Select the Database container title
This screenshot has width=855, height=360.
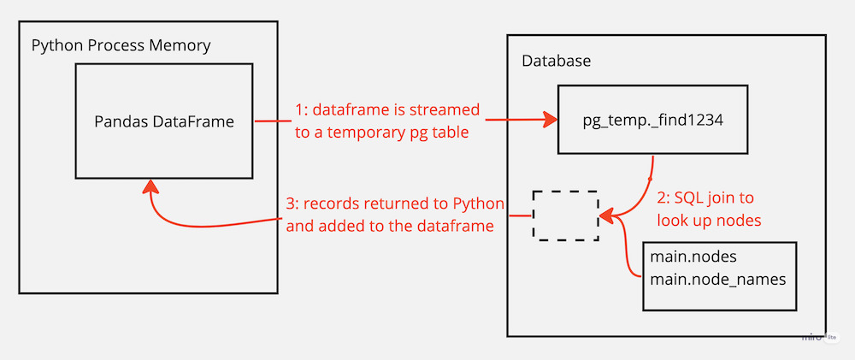[x=556, y=62]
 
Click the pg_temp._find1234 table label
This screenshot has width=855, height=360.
[x=652, y=121]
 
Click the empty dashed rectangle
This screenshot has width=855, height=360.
[x=565, y=215]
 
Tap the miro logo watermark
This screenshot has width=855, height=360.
[x=811, y=336]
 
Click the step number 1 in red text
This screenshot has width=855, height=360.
[x=299, y=110]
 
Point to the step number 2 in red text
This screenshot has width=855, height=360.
[x=661, y=198]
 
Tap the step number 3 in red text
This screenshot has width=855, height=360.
[x=290, y=205]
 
